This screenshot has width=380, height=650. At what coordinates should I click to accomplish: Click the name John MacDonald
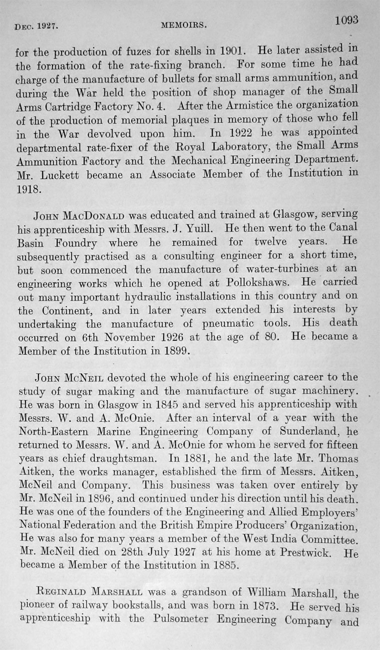(x=80, y=216)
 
